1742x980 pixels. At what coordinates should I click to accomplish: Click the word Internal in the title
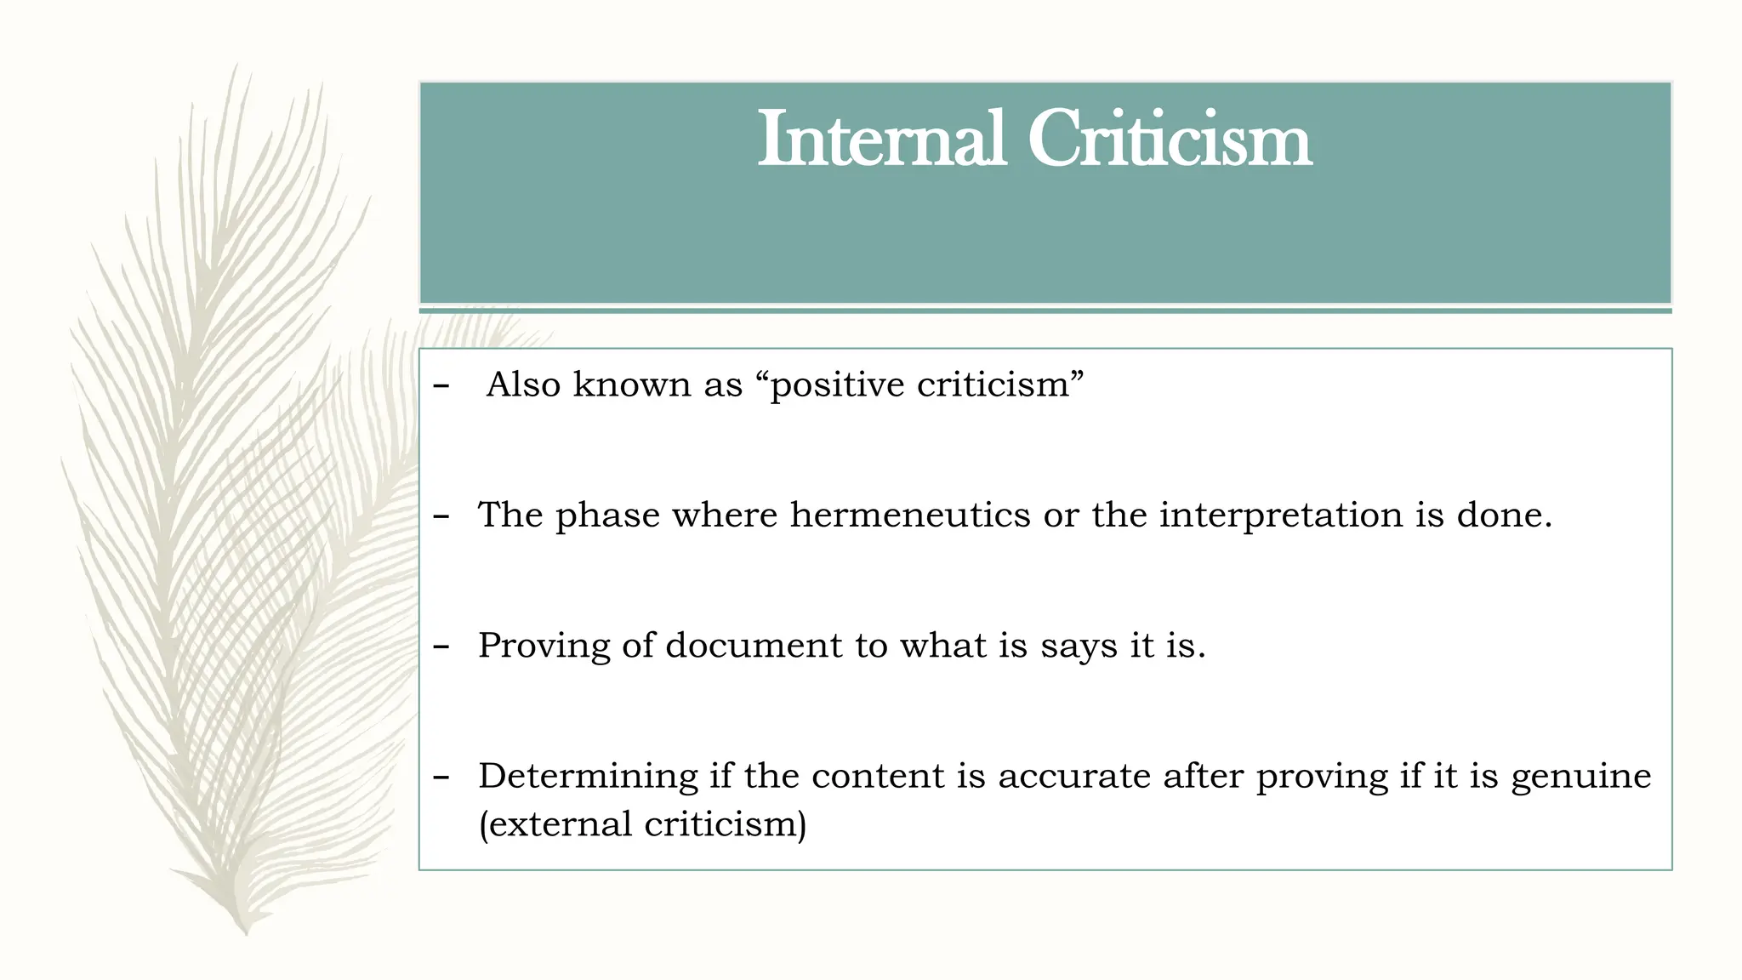click(882, 140)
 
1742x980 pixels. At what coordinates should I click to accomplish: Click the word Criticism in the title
click(1170, 140)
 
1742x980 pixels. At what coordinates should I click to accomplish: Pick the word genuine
click(1580, 777)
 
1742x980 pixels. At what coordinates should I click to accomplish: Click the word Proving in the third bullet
click(544, 646)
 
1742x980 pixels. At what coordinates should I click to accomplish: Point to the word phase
click(607, 516)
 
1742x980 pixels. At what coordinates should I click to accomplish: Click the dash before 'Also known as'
click(441, 386)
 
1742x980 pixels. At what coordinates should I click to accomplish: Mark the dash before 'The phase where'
click(441, 516)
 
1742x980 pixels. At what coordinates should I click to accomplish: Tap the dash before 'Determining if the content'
click(441, 777)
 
